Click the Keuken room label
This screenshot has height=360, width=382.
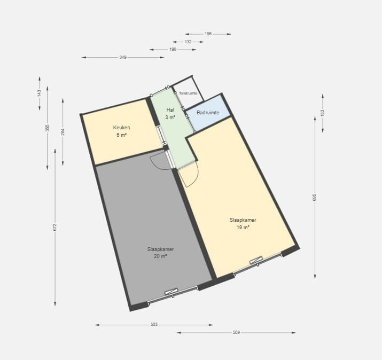pos(122,131)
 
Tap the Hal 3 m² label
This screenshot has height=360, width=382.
pos(170,114)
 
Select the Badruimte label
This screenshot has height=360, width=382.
pos(208,113)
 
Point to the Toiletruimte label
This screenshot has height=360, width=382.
pos(188,93)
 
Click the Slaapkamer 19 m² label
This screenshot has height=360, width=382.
pos(243,224)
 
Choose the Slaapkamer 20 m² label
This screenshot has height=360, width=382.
pos(160,253)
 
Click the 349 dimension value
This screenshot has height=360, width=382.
pos(123,57)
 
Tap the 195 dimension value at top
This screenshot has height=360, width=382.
pos(208,34)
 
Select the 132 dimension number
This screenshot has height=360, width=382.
pos(188,42)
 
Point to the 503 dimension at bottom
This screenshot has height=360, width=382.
pos(154,324)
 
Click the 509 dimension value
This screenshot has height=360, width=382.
pos(236,332)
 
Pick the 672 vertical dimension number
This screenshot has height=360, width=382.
pos(55,227)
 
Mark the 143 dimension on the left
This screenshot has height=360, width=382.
pos(40,93)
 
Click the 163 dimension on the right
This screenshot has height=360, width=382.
pos(322,113)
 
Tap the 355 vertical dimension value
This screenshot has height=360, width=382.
pos(47,128)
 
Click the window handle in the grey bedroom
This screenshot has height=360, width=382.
pos(171,292)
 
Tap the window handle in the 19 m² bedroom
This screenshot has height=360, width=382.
pos(256,260)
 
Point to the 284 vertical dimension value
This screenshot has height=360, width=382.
pos(63,132)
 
